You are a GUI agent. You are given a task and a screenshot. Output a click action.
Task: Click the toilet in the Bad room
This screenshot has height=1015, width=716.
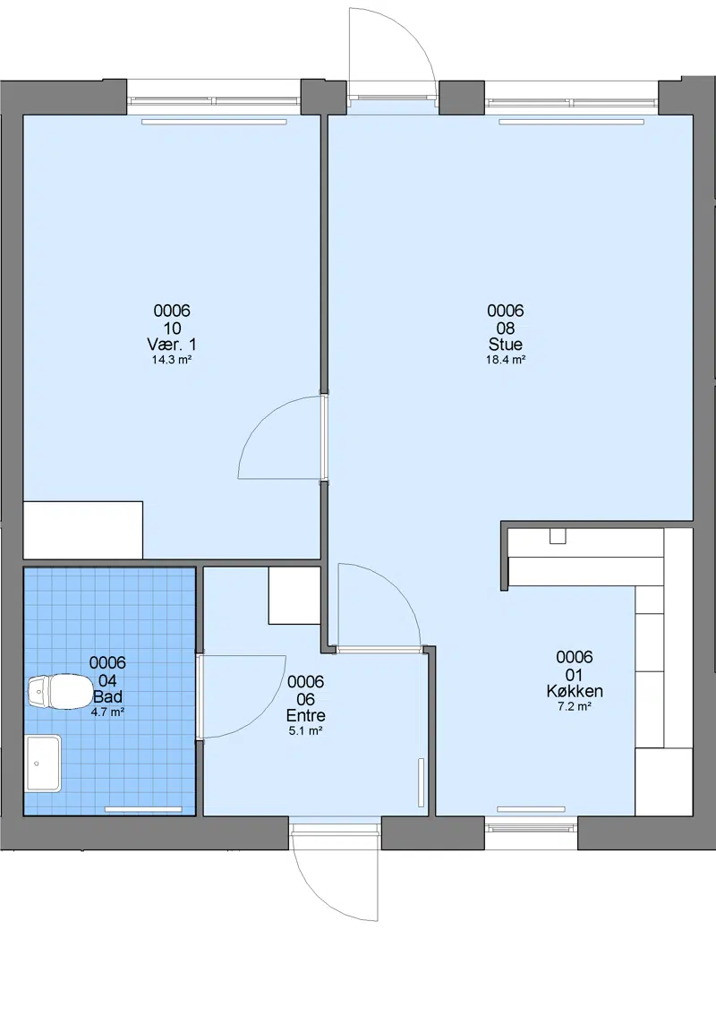[x=60, y=691]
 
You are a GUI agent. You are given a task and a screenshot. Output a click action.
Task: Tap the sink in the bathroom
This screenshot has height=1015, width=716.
[x=43, y=763]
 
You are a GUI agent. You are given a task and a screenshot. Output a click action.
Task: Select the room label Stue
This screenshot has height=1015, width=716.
[x=506, y=345]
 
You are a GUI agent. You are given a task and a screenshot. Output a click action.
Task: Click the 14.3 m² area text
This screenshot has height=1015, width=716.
[x=172, y=360]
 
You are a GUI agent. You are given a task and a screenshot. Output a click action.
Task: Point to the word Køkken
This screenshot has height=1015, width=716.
[x=575, y=691]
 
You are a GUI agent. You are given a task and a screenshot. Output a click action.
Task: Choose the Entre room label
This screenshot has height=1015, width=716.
[x=305, y=715]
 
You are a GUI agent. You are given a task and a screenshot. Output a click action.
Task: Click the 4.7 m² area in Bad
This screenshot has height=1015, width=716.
[x=107, y=712]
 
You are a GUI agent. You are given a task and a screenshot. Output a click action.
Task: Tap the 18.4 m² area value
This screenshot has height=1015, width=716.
[x=506, y=360]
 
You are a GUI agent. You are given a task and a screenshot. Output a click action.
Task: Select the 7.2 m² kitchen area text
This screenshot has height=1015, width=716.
[x=575, y=707]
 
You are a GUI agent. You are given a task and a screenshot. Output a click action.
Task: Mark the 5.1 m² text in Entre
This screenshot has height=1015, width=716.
[x=305, y=731]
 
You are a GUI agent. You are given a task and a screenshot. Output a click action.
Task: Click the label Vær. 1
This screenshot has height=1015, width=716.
[x=172, y=345]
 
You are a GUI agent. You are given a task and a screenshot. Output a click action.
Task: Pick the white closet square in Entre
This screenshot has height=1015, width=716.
[x=294, y=595]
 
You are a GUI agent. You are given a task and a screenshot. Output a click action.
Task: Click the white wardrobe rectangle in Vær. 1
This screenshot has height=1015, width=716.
[x=83, y=530]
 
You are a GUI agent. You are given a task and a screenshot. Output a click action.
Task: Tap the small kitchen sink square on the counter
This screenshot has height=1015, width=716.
[x=558, y=536]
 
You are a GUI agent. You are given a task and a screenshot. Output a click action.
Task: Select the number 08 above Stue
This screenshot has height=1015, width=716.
[x=506, y=328]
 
